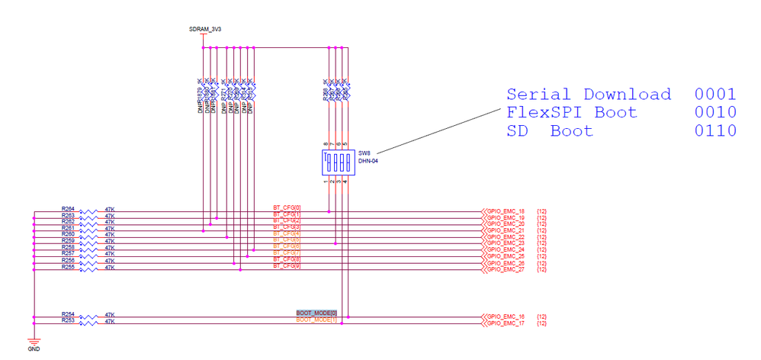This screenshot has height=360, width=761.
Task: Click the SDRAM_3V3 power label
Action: [x=205, y=29]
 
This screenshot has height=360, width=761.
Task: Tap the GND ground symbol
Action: [x=34, y=342]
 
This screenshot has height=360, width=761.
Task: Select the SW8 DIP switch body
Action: [x=336, y=162]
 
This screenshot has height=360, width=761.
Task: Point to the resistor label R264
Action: [x=68, y=208]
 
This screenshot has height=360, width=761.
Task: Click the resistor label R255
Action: [x=68, y=267]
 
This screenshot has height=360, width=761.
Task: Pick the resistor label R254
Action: [x=68, y=314]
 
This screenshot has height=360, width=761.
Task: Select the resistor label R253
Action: [x=68, y=321]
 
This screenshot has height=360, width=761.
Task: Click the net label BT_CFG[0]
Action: [x=287, y=207]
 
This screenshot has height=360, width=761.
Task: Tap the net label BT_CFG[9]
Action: [x=287, y=266]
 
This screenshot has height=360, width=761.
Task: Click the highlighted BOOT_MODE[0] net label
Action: [x=316, y=313]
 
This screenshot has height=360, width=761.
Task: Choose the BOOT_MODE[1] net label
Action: [x=316, y=320]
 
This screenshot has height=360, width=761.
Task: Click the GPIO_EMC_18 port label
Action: [x=505, y=211]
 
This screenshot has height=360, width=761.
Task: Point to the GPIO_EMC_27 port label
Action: [x=505, y=269]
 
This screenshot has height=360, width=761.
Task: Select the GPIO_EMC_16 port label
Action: [x=505, y=317]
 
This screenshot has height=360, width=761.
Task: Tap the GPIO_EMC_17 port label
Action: [x=505, y=323]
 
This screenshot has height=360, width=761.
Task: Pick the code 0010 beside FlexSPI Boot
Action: [x=715, y=113]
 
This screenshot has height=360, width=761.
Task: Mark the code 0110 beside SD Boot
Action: [x=715, y=131]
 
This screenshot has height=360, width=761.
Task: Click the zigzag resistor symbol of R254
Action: [x=90, y=317]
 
